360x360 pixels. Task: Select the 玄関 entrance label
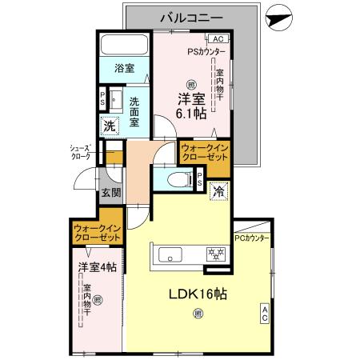tap(110, 193)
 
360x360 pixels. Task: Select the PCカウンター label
tap(252, 239)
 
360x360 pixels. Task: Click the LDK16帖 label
tap(196, 293)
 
